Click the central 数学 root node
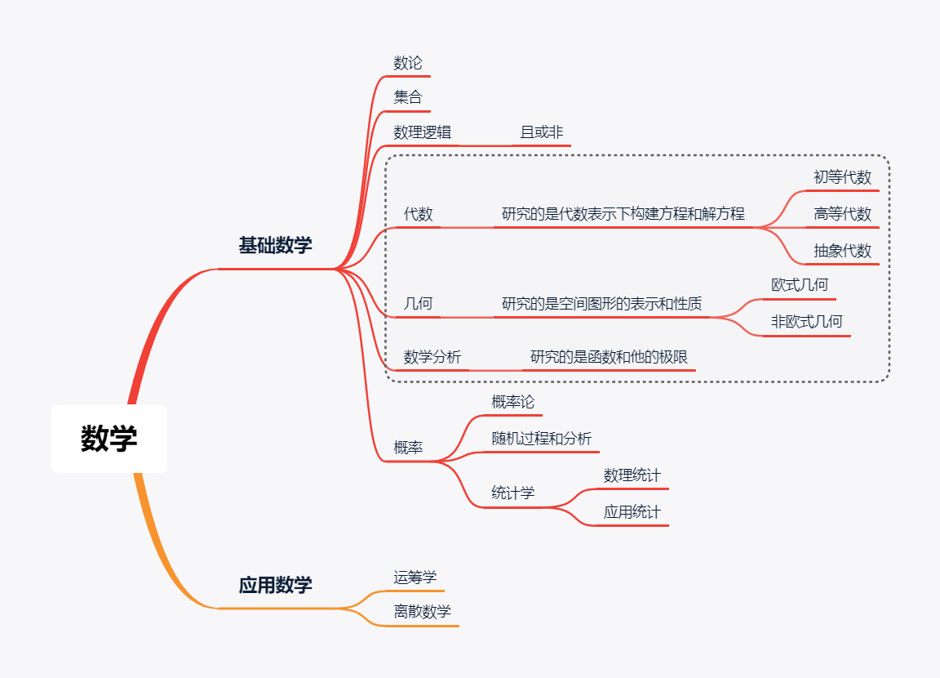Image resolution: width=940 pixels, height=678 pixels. click(109, 439)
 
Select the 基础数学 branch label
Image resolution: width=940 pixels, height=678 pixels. click(275, 245)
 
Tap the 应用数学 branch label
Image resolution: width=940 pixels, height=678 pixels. click(275, 585)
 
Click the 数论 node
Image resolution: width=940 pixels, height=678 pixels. click(408, 63)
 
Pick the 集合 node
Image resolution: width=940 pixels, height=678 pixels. click(408, 97)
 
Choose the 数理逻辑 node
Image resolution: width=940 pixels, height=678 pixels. click(422, 132)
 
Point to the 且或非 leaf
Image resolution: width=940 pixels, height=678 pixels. click(542, 132)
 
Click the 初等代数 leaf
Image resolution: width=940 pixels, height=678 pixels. click(842, 177)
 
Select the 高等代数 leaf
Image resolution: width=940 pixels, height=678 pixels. click(842, 214)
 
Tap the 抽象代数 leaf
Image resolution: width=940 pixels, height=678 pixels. click(842, 251)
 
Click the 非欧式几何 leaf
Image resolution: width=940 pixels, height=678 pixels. click(806, 321)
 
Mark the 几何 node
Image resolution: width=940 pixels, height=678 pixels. click(419, 304)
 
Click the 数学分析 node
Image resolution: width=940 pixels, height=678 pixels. click(432, 357)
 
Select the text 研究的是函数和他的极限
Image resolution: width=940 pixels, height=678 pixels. click(609, 357)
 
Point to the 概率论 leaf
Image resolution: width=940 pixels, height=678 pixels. click(512, 402)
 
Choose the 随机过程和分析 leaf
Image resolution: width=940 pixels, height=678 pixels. click(541, 438)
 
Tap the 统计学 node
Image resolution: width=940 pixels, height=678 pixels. click(512, 493)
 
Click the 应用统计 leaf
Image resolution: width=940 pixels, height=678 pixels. click(632, 512)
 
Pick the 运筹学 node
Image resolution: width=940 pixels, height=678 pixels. click(415, 577)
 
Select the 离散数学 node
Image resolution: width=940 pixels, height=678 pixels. click(422, 611)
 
